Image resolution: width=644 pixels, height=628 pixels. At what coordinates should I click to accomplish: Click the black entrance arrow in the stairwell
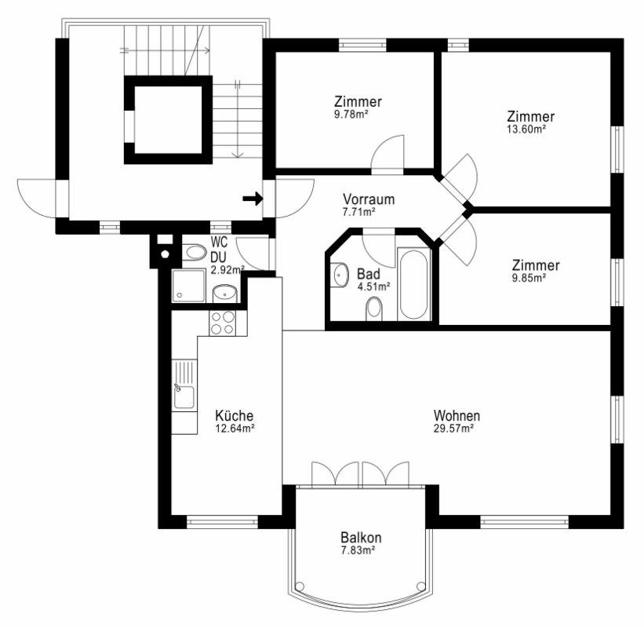pyautogui.click(x=253, y=199)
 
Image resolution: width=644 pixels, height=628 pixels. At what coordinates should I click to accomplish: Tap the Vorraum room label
pyautogui.click(x=369, y=199)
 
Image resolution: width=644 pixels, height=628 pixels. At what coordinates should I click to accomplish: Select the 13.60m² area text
pyautogui.click(x=526, y=130)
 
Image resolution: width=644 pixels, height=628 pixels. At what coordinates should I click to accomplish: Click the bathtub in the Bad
pyautogui.click(x=413, y=284)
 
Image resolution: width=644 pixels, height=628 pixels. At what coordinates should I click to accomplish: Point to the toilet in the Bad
pyautogui.click(x=373, y=309)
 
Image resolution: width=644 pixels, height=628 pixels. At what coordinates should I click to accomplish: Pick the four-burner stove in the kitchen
pyautogui.click(x=222, y=323)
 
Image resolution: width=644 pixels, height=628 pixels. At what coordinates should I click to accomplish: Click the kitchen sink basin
pyautogui.click(x=184, y=397)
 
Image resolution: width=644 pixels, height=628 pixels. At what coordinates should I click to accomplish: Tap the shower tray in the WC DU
pyautogui.click(x=188, y=286)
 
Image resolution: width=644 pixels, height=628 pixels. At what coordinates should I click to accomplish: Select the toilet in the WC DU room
pyautogui.click(x=194, y=252)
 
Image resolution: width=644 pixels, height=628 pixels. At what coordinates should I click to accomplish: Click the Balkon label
pyautogui.click(x=361, y=537)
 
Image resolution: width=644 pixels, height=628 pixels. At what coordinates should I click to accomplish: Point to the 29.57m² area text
pyautogui.click(x=454, y=429)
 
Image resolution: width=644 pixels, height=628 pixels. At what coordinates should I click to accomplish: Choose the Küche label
pyautogui.click(x=235, y=415)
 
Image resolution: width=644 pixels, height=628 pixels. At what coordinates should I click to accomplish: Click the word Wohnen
pyautogui.click(x=457, y=415)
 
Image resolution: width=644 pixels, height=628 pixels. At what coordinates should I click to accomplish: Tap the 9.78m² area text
pyautogui.click(x=351, y=115)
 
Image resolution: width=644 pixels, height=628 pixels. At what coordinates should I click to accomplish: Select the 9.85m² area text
pyautogui.click(x=529, y=278)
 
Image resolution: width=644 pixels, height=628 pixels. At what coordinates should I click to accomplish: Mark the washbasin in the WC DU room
pyautogui.click(x=225, y=293)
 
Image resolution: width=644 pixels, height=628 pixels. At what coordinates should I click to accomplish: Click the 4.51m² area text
pyautogui.click(x=373, y=287)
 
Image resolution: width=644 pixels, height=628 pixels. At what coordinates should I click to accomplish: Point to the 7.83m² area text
pyautogui.click(x=358, y=550)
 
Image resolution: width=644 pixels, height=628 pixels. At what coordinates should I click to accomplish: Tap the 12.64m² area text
pyautogui.click(x=235, y=429)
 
